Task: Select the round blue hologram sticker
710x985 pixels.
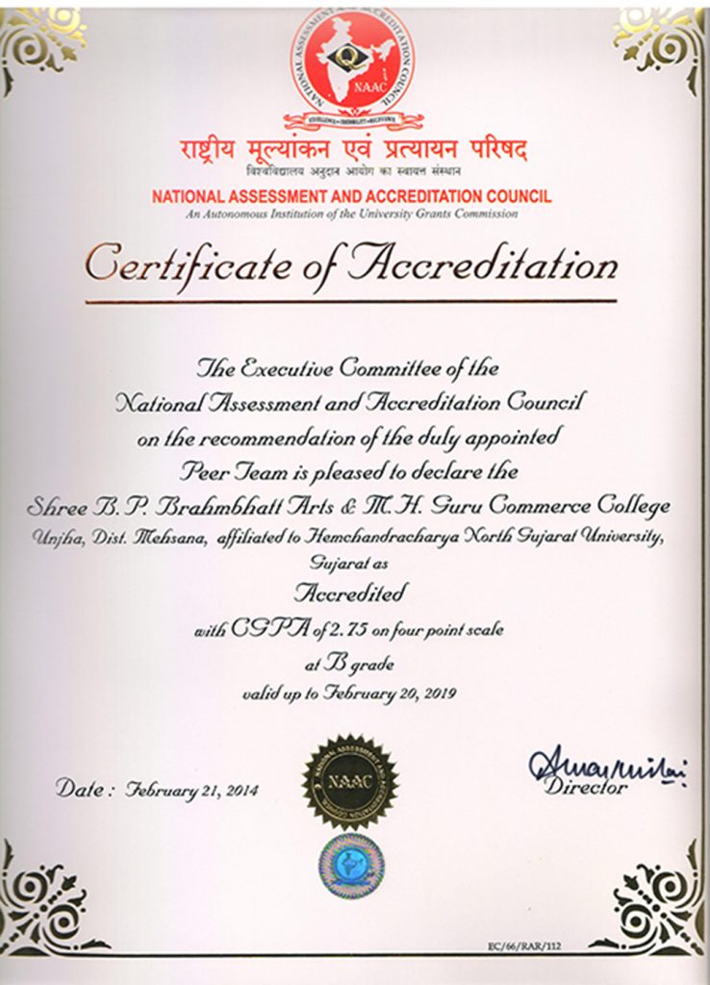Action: tap(351, 866)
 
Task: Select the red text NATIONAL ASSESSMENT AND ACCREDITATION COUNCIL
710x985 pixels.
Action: tap(351, 196)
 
